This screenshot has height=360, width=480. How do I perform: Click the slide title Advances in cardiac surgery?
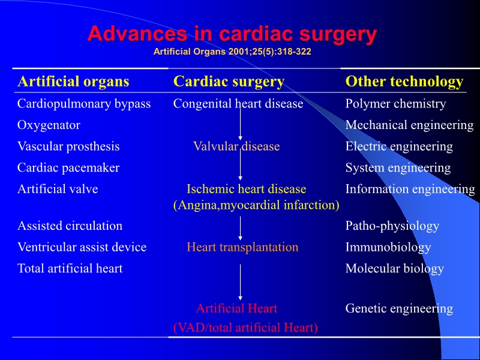click(x=232, y=34)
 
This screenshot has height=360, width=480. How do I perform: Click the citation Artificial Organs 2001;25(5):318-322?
click(x=232, y=52)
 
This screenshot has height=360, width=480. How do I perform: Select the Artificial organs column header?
click(x=73, y=81)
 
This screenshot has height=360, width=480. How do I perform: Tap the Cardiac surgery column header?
click(x=229, y=81)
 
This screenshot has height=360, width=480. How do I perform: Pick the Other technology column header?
click(x=404, y=81)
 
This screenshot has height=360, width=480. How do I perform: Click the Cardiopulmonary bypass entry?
click(x=84, y=104)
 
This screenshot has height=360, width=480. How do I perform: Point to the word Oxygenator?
click(x=49, y=125)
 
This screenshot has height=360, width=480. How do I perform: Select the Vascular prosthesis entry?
click(x=68, y=146)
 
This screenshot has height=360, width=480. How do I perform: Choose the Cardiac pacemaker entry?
click(x=68, y=168)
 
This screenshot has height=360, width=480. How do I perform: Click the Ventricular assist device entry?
click(x=82, y=247)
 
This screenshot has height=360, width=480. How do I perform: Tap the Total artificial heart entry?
click(x=70, y=269)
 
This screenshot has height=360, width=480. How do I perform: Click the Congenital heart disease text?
click(x=238, y=104)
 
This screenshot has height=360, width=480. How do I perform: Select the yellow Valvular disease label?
click(x=236, y=146)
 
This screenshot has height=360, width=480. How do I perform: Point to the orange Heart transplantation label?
click(x=242, y=247)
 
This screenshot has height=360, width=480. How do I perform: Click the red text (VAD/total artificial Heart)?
click(x=245, y=328)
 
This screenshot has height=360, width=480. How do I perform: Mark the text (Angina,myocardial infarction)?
click(x=256, y=205)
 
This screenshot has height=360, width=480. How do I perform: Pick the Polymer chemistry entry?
click(x=395, y=104)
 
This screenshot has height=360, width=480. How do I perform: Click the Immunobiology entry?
click(x=388, y=247)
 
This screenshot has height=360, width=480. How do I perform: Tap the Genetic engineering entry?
click(x=399, y=309)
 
